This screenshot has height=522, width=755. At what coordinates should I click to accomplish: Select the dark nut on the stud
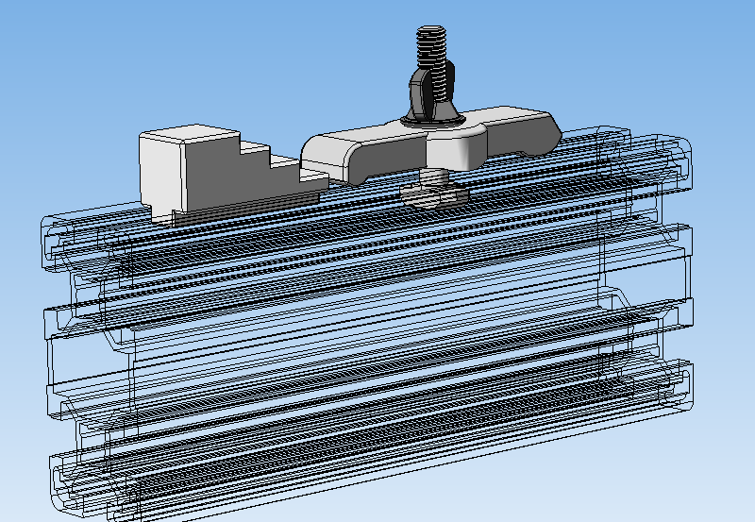coord(429,94)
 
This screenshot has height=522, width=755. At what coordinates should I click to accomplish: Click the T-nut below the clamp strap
coord(434,194)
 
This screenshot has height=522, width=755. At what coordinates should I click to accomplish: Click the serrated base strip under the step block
coord(236,210)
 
